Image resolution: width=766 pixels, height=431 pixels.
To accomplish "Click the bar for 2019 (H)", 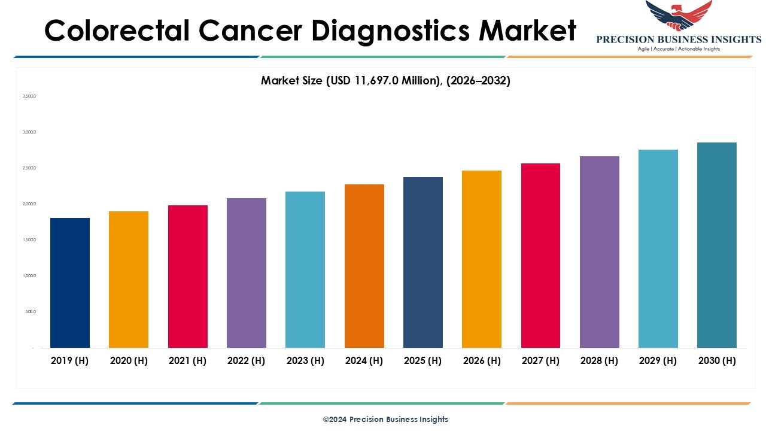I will [70, 283].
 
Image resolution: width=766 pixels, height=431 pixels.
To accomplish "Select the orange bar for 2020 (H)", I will [129, 280].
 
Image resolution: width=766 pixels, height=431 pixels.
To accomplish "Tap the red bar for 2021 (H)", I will [188, 277].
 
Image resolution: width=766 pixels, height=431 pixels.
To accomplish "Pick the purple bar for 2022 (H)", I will [247, 273].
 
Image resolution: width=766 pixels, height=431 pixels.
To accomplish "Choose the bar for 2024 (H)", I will [364, 266].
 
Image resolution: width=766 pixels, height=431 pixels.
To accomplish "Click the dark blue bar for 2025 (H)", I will [423, 262].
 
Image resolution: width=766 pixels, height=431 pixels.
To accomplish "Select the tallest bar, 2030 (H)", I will [717, 245].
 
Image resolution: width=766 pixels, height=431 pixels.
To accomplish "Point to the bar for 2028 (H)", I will [600, 252].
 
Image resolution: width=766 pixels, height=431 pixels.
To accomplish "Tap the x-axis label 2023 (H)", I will [305, 360].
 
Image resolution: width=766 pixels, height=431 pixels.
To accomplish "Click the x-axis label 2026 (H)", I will [482, 360].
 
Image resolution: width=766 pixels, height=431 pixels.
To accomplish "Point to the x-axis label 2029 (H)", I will [658, 360].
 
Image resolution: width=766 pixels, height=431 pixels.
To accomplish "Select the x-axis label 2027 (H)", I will [540, 360].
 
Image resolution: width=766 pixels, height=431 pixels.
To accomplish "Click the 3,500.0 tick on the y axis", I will [29, 96].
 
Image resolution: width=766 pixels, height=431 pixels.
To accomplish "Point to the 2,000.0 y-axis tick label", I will [29, 204].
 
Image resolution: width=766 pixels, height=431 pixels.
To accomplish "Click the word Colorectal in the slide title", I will [115, 31].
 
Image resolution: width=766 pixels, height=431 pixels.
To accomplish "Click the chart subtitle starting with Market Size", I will [385, 81].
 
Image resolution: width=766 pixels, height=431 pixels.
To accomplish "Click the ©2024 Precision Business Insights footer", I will [385, 420].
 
